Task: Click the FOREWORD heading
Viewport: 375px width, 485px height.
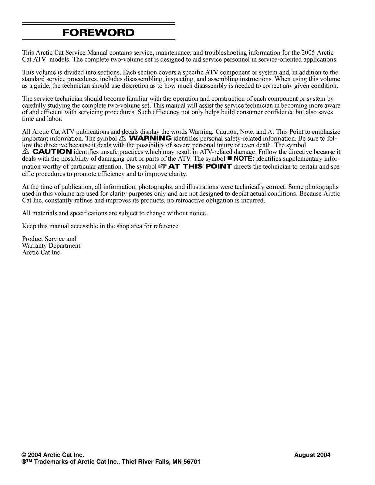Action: click(98, 32)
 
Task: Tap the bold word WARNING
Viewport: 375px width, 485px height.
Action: click(150, 138)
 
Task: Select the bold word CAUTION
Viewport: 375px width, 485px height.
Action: click(52, 152)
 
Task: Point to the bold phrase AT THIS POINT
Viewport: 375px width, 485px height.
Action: click(200, 166)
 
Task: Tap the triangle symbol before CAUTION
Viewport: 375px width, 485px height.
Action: click(25, 152)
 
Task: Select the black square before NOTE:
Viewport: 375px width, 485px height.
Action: click(229, 159)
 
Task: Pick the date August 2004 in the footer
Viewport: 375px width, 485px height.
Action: click(312, 455)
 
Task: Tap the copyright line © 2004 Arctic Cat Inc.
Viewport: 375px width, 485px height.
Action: click(53, 455)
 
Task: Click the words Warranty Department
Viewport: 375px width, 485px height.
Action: click(51, 246)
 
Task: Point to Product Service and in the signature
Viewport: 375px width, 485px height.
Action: click(49, 239)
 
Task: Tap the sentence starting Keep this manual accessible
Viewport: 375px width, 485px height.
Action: click(101, 226)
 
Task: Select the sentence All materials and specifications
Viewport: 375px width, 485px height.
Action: click(115, 213)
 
